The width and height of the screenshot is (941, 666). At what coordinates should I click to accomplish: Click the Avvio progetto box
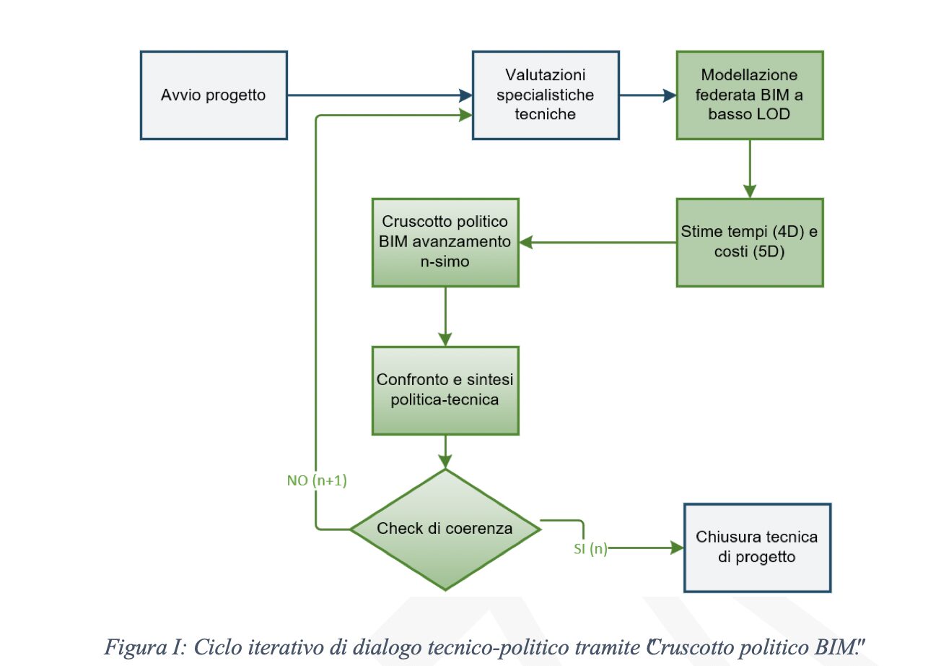click(x=214, y=95)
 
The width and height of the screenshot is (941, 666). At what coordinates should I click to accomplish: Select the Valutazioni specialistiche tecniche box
click(x=546, y=95)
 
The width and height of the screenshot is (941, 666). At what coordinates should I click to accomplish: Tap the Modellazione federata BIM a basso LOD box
click(x=750, y=95)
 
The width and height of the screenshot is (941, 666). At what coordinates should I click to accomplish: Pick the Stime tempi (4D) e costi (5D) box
click(x=750, y=242)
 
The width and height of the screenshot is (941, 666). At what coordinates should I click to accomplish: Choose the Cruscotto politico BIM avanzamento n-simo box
click(x=445, y=242)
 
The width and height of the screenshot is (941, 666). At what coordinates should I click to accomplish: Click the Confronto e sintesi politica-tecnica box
click(x=445, y=390)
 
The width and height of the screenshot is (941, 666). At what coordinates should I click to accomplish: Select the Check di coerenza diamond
click(x=445, y=529)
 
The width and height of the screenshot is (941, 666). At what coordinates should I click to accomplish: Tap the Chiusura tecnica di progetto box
click(x=757, y=547)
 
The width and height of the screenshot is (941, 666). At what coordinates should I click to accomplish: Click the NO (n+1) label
click(x=317, y=481)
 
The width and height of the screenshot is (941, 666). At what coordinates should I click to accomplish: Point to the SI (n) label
click(x=590, y=549)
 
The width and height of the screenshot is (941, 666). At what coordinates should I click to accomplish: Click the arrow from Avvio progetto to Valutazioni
click(x=380, y=95)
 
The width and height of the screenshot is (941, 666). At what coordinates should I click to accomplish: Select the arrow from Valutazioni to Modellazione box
click(x=647, y=95)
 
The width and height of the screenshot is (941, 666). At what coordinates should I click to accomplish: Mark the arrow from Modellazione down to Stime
click(x=750, y=169)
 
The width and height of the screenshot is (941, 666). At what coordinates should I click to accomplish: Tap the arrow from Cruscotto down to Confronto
click(x=445, y=316)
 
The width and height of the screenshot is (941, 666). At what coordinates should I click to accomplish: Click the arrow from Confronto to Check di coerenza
click(x=445, y=451)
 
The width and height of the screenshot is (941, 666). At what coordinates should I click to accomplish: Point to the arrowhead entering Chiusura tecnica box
click(x=676, y=548)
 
